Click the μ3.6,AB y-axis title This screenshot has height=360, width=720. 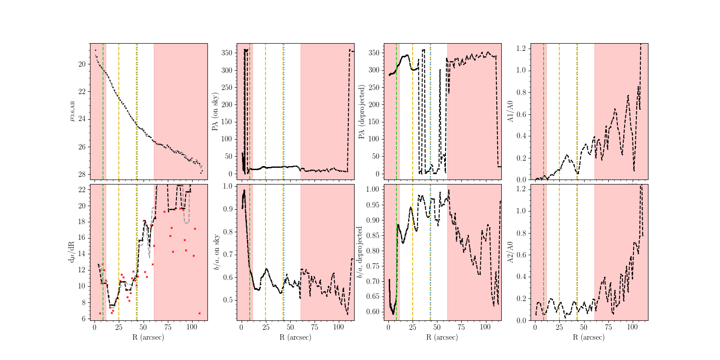click(x=72, y=111)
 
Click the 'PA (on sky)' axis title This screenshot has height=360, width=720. click(x=216, y=112)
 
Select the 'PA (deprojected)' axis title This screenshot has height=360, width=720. click(x=362, y=112)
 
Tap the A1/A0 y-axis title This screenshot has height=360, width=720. click(x=510, y=112)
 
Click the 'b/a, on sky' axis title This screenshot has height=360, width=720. click(x=216, y=252)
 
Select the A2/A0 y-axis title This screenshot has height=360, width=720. click(x=510, y=252)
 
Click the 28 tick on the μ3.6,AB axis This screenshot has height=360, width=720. click(x=82, y=175)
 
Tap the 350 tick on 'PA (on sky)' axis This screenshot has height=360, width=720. click(x=227, y=53)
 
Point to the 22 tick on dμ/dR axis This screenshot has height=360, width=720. click(x=82, y=190)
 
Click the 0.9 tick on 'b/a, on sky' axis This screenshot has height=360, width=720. click(x=228, y=209)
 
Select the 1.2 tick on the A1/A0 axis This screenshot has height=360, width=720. click(x=521, y=48)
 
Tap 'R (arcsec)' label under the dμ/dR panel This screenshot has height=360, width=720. click(x=148, y=337)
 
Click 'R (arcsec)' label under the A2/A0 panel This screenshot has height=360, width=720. click(x=589, y=337)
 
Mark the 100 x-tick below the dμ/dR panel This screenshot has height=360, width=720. click(x=192, y=327)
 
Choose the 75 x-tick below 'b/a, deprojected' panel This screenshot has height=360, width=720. click(x=461, y=327)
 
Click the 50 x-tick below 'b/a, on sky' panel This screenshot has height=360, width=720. click(x=290, y=327)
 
